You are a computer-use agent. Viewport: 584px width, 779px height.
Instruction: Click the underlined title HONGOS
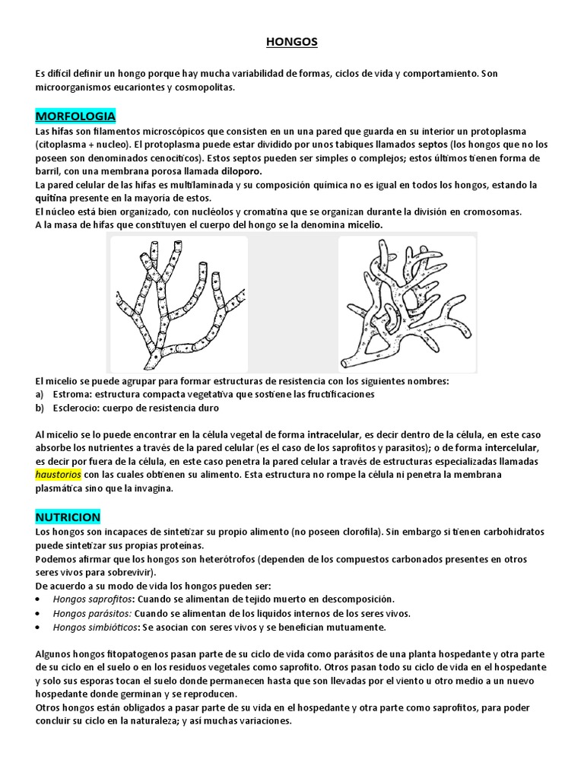tap(292, 43)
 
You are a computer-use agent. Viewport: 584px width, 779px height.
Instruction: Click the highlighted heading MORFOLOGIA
tap(75, 116)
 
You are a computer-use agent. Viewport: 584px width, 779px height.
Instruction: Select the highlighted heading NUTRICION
tap(68, 517)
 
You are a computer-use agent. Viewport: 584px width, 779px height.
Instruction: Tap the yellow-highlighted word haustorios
tap(58, 475)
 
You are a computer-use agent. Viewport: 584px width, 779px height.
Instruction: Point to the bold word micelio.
tap(363, 225)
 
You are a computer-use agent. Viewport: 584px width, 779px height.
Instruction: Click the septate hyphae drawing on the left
tap(179, 302)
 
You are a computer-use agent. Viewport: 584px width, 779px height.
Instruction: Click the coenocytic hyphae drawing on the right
tap(407, 302)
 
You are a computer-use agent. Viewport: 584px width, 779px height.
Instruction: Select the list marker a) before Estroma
tap(40, 394)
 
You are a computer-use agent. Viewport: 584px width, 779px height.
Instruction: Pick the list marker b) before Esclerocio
tap(40, 408)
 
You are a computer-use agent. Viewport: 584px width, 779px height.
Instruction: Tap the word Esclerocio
tap(77, 408)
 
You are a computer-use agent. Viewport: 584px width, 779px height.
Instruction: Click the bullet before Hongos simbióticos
tap(39, 628)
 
